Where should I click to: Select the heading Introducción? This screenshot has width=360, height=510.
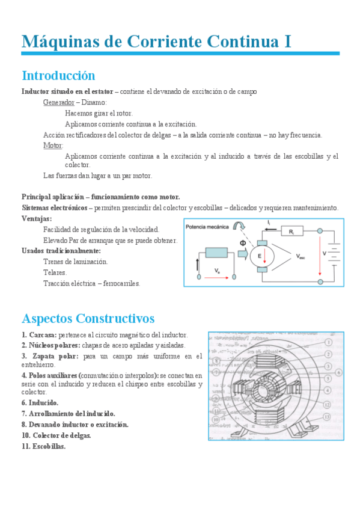[58, 76]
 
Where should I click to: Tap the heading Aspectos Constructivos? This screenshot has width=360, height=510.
[88, 318]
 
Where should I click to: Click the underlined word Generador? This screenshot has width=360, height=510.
[58, 102]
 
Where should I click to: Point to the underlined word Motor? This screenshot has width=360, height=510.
[53, 146]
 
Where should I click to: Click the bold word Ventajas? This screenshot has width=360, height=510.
[36, 219]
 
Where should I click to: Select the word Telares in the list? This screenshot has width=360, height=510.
[55, 272]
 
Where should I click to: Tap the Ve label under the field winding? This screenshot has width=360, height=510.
[218, 271]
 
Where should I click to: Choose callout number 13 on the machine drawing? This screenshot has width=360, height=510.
[326, 416]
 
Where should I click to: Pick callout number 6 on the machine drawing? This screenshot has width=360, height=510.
[339, 373]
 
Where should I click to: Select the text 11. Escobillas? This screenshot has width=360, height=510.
[43, 446]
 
